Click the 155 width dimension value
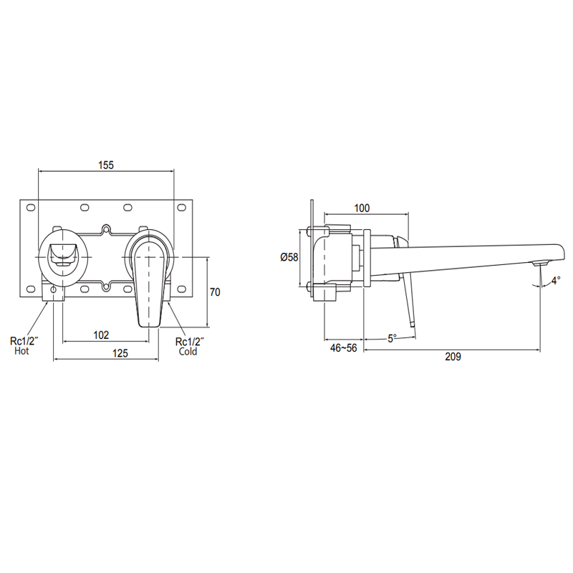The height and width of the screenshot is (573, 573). click(105, 165)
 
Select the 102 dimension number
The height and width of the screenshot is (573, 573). click(101, 334)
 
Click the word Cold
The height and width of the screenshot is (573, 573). click(188, 352)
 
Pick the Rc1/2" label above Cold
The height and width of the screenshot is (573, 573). click(190, 342)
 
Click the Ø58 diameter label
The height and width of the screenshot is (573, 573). click(289, 257)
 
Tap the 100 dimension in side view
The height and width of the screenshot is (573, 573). click(362, 208)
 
